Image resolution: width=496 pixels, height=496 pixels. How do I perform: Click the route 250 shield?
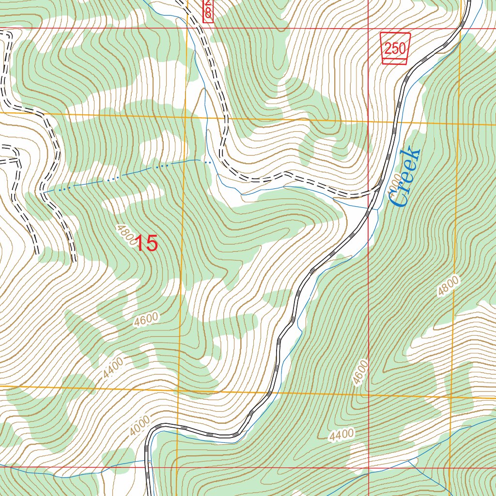click(395, 48)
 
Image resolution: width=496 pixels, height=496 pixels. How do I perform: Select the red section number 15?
click(146, 243)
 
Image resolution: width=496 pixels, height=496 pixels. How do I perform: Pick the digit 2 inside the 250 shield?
click(389, 48)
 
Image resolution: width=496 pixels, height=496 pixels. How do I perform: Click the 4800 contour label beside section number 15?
click(124, 234)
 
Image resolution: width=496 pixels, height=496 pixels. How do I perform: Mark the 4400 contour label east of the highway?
click(341, 436)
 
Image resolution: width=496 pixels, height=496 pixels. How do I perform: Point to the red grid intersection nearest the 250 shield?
click(368, 28)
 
